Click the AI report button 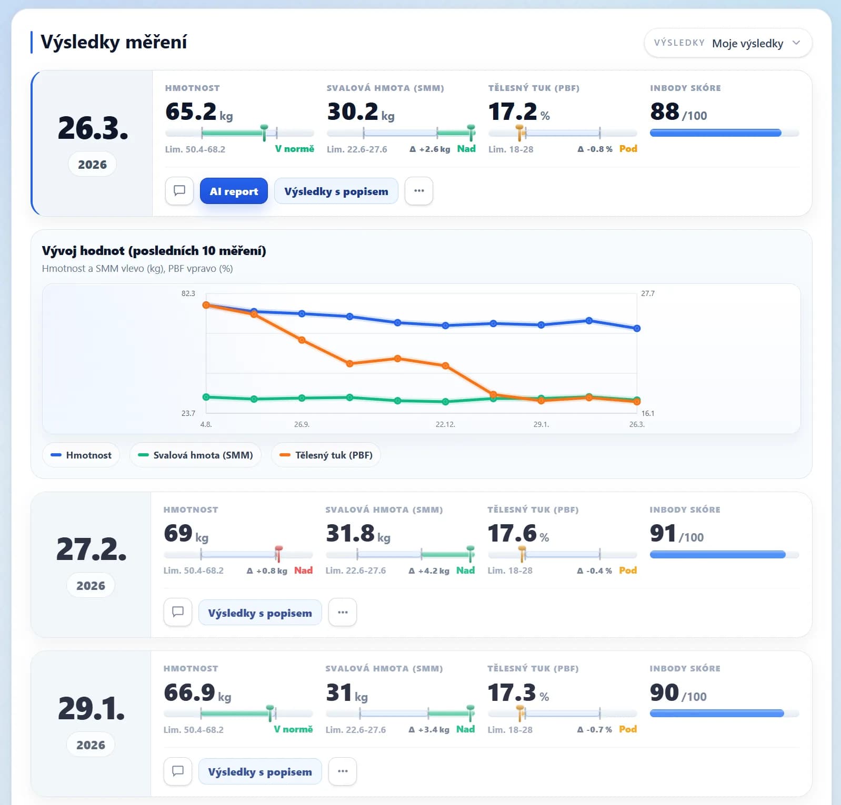[234, 191]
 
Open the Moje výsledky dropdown [728, 43]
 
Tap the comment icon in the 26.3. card [179, 190]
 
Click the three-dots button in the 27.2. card [343, 612]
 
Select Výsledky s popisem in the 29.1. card [260, 771]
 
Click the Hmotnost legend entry [81, 455]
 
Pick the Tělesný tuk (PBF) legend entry [326, 455]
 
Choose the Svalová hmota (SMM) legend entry [195, 455]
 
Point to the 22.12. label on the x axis [445, 424]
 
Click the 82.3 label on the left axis [188, 293]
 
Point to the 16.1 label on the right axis [648, 413]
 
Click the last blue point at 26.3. [637, 328]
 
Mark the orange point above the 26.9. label [302, 340]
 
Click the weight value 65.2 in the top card [191, 111]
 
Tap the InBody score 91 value [663, 533]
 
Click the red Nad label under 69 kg [303, 570]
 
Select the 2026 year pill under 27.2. [91, 585]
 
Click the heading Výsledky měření [114, 42]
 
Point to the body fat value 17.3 [512, 692]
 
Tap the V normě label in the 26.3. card [295, 149]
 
